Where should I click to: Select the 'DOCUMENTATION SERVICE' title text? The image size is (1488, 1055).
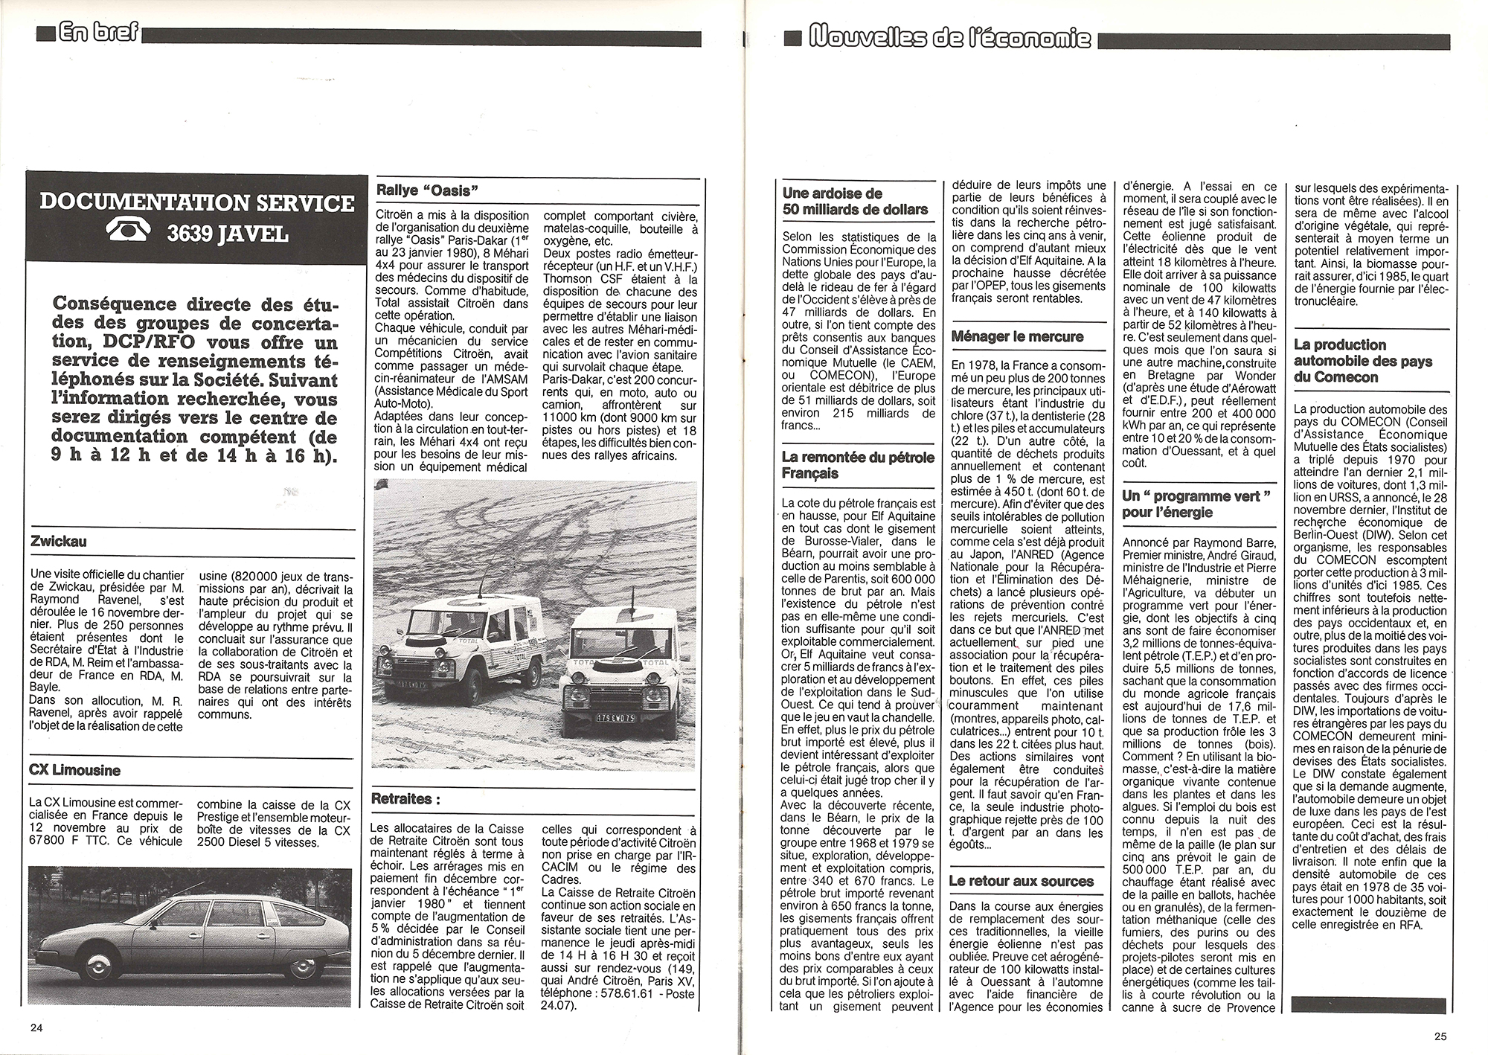point(197,202)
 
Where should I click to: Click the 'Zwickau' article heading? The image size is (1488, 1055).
point(59,542)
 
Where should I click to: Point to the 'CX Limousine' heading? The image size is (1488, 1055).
point(74,770)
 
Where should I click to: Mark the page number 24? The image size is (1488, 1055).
point(37,1027)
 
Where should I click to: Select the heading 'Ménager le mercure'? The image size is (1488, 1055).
point(1017,336)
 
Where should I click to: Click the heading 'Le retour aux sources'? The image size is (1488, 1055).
point(1022,881)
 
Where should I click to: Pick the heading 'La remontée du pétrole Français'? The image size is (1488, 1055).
point(857,465)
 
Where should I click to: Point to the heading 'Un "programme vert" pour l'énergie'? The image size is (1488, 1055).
point(1196,504)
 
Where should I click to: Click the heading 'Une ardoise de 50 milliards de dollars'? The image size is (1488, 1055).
point(855,201)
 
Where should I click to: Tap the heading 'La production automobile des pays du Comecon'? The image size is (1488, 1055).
point(1360,361)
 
